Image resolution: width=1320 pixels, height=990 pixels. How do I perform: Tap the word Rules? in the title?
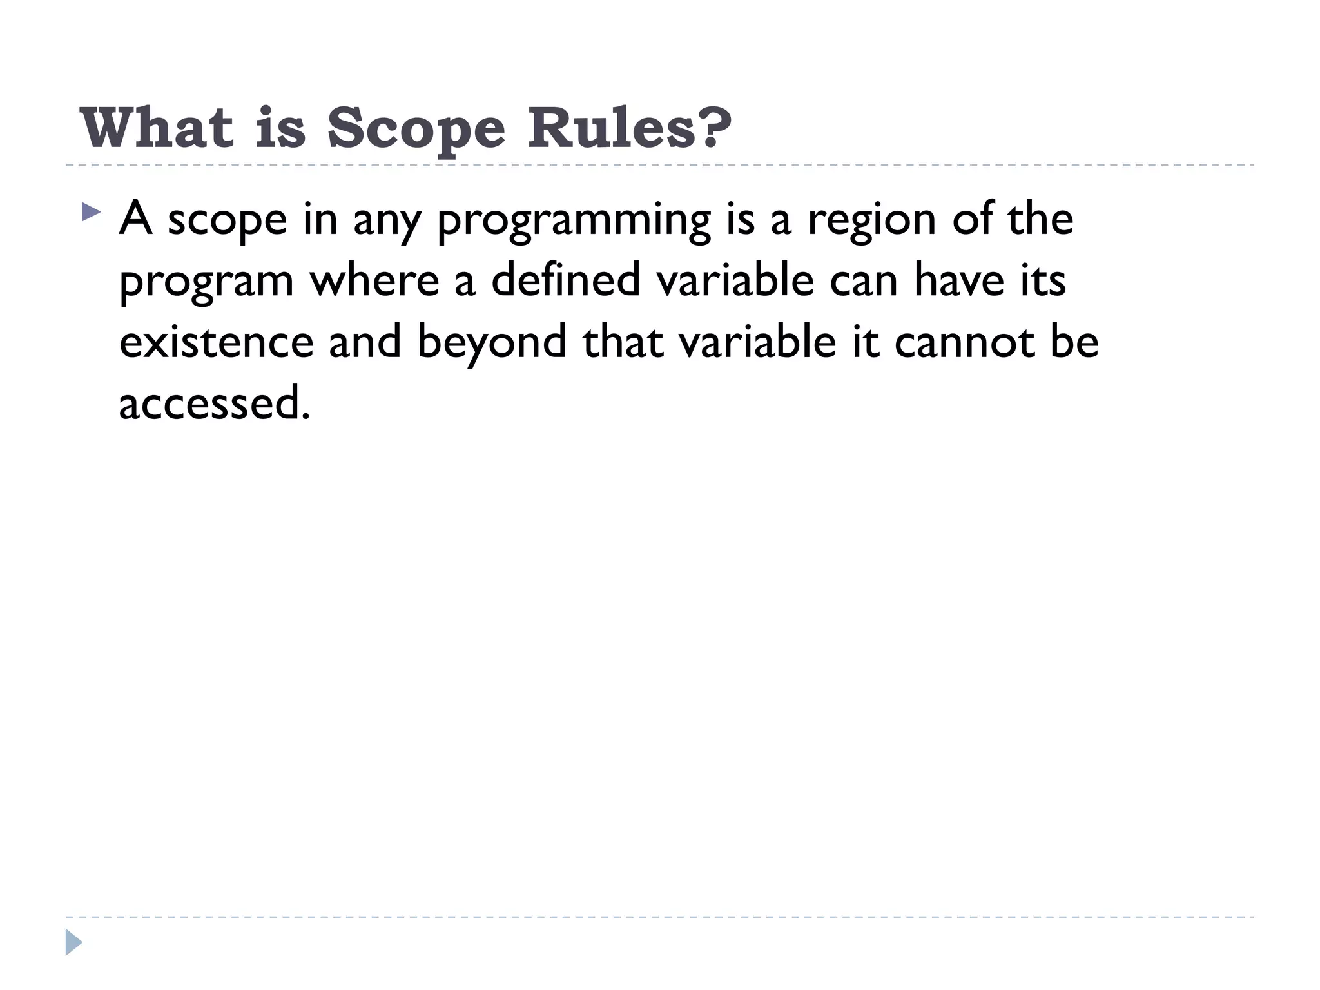(630, 128)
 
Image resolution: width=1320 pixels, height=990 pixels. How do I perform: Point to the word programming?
(573, 220)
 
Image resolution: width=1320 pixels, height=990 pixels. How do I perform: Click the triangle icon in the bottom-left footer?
(73, 942)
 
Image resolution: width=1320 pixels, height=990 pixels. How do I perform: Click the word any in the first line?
(385, 220)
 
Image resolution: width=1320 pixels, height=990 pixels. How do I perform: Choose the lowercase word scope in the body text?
(227, 220)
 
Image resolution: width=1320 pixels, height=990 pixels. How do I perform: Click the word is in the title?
(280, 128)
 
